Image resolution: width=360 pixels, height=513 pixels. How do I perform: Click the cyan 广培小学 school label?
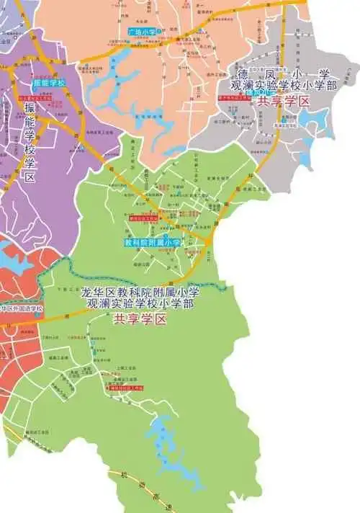point(140,32)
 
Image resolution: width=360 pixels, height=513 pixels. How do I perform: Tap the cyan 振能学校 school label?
point(49,84)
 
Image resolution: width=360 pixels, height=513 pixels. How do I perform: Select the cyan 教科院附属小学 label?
point(152,244)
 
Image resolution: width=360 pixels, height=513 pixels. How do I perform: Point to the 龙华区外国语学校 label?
point(22,309)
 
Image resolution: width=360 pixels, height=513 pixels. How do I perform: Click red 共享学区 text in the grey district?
point(283,102)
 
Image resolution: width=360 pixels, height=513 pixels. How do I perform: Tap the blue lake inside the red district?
point(11,260)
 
